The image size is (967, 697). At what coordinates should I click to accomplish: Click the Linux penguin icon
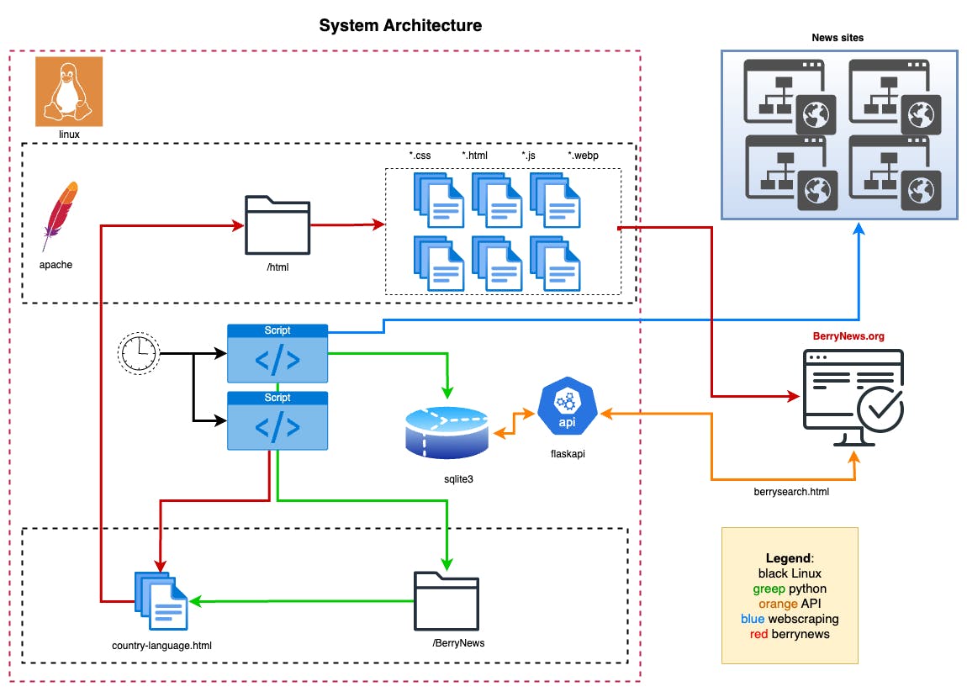click(69, 91)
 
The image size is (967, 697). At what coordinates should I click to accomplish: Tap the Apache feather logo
click(61, 216)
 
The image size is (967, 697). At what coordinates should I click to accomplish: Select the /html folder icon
click(277, 224)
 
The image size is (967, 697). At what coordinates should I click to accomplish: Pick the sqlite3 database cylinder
click(447, 432)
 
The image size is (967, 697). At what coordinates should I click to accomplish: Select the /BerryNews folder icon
click(446, 601)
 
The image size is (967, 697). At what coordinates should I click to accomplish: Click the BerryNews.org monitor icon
click(853, 399)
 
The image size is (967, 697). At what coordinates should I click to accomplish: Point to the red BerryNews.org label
click(848, 336)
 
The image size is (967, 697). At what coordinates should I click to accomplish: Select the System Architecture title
click(400, 26)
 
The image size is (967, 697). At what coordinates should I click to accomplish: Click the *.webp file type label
click(583, 156)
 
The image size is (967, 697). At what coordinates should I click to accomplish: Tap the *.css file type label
click(420, 156)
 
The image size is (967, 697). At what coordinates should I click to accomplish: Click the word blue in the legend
click(753, 619)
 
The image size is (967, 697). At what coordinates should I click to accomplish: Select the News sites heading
click(838, 38)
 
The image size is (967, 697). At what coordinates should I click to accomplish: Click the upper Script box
click(277, 354)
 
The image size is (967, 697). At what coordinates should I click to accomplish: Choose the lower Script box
click(277, 420)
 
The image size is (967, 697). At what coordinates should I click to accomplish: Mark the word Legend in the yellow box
click(789, 558)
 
